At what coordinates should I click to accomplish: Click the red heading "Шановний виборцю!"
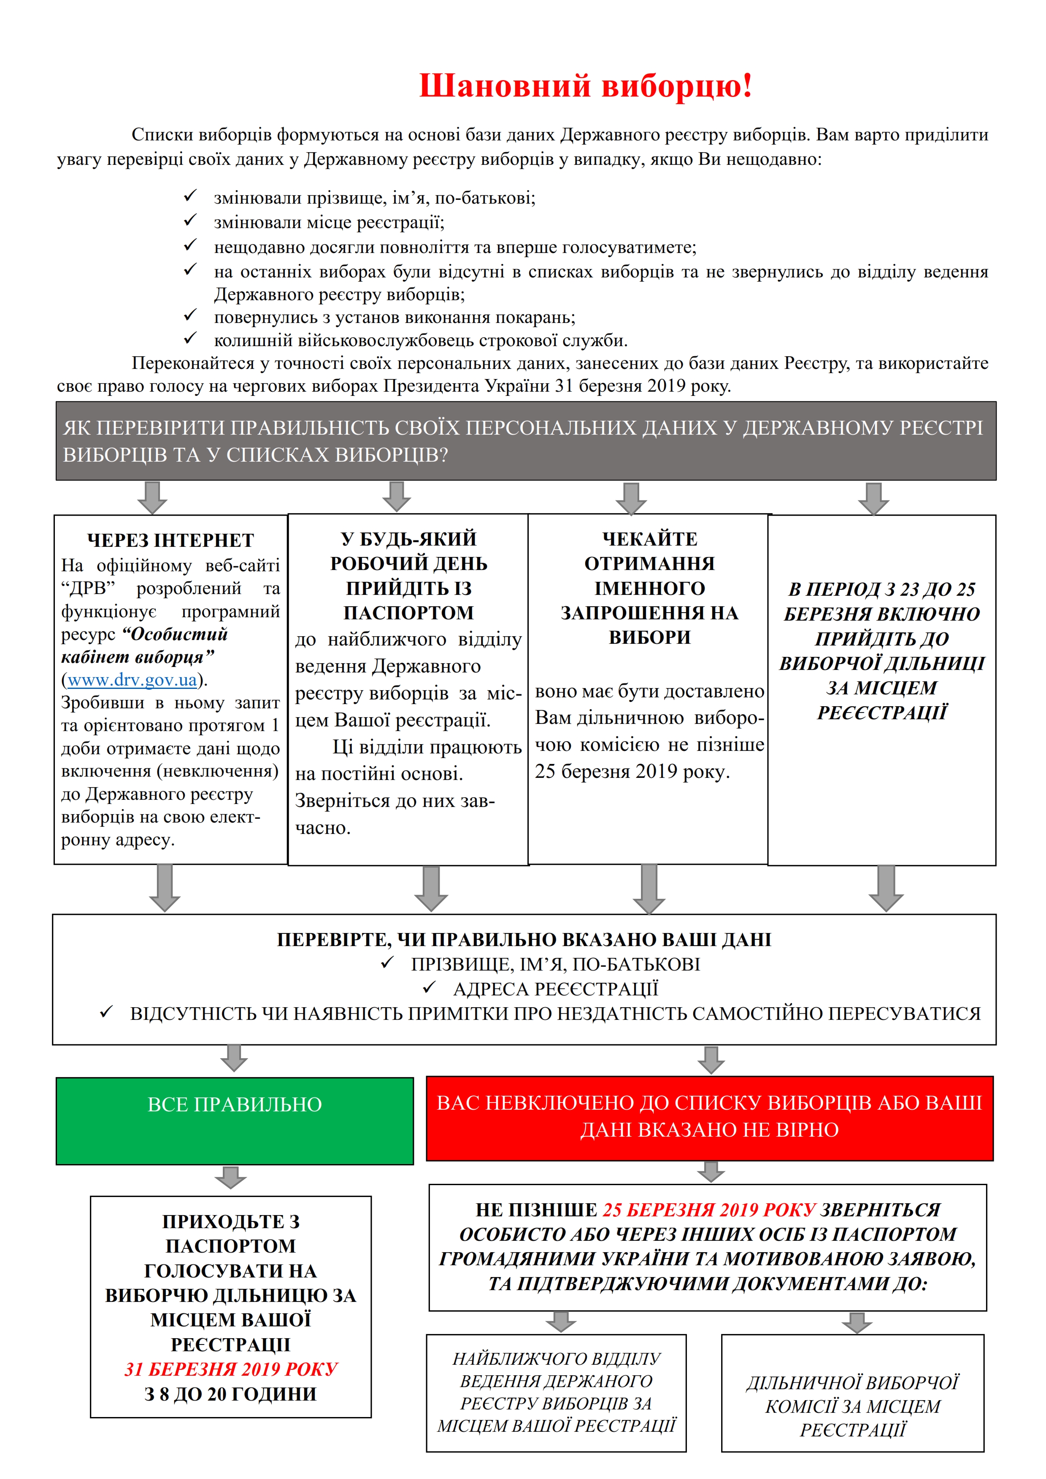coord(585,86)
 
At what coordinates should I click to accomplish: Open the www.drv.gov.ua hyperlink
coord(132,680)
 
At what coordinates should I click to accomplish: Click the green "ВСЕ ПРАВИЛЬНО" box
coord(235,1121)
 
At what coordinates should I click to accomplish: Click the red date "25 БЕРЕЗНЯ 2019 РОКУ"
coord(709,1210)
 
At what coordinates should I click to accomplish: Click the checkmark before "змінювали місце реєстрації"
coord(190,221)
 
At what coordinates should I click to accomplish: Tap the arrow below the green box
coord(231,1177)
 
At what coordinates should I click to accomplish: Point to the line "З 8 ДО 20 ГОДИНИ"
coord(231,1394)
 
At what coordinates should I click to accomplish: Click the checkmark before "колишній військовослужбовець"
coord(190,339)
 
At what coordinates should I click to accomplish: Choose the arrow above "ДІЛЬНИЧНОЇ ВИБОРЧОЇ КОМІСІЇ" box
coord(857,1323)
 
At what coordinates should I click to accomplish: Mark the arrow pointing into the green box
coord(234,1058)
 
